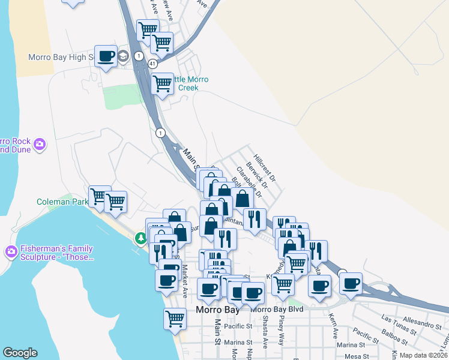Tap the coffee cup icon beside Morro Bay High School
(106, 56)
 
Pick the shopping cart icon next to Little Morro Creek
(163, 84)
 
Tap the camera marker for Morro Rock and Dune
(40, 144)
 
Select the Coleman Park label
(62, 202)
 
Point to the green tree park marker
(141, 239)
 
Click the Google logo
(20, 353)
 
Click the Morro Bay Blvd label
(277, 309)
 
